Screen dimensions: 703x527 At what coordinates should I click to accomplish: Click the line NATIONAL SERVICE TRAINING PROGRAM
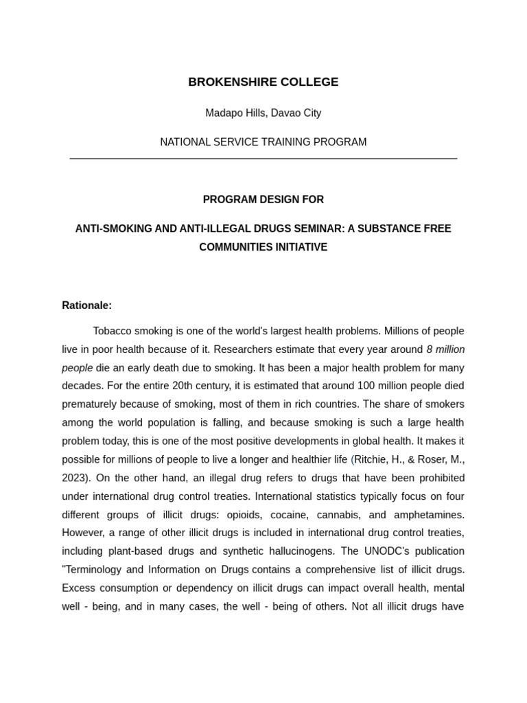pyautogui.click(x=263, y=142)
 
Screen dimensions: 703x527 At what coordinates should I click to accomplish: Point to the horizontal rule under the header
pyautogui.click(x=263, y=159)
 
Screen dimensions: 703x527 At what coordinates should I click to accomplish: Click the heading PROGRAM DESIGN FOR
pyautogui.click(x=263, y=200)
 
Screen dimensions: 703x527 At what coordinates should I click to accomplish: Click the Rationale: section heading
pyautogui.click(x=86, y=306)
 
